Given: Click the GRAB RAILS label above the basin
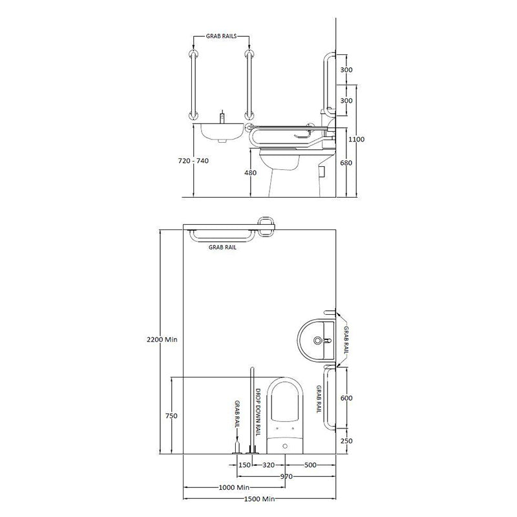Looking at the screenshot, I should [x=220, y=38].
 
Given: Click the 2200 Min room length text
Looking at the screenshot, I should [x=162, y=339].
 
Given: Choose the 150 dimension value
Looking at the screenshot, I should [x=245, y=464].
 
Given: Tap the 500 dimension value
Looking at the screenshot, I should [x=310, y=464].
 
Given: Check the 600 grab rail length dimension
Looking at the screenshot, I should [x=346, y=399].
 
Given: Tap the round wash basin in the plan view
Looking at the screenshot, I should [x=318, y=339].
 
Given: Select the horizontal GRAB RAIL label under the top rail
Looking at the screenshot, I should [x=222, y=247].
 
